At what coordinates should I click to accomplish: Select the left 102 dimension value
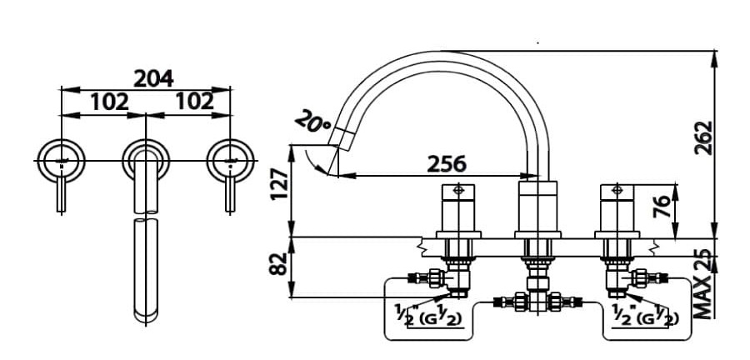pos(109,102)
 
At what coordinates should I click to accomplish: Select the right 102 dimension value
pos(194,102)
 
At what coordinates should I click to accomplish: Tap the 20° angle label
pos(314,122)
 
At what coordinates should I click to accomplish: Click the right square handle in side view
pos(617,207)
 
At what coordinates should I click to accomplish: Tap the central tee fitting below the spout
pos(535,299)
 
